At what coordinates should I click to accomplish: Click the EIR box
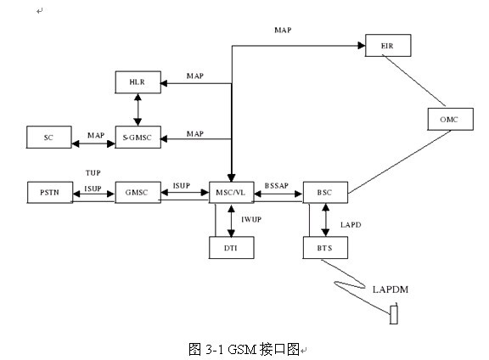point(388,46)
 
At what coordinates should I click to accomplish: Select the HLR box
point(138,82)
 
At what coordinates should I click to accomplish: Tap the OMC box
point(450,119)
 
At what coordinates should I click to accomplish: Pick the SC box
point(49,137)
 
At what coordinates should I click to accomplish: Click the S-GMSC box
point(138,137)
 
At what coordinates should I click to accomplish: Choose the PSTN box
point(50,193)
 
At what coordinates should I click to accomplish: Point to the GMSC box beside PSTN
point(138,193)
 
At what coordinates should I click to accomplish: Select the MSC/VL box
point(232,193)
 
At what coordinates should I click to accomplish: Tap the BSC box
point(325,193)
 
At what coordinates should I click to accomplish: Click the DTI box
point(232,248)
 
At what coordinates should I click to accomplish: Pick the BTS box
point(325,248)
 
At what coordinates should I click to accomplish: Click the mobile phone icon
point(394,314)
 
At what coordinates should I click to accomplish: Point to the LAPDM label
point(391,290)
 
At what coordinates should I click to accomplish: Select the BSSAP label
point(277,186)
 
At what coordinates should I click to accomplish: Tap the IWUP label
point(251,220)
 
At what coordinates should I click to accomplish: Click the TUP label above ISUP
point(93,172)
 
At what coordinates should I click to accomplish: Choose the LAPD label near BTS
point(351,225)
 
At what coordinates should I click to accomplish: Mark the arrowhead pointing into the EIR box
point(362,46)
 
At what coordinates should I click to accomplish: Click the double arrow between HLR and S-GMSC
point(138,110)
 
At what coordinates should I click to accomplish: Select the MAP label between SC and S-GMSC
point(96,135)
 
